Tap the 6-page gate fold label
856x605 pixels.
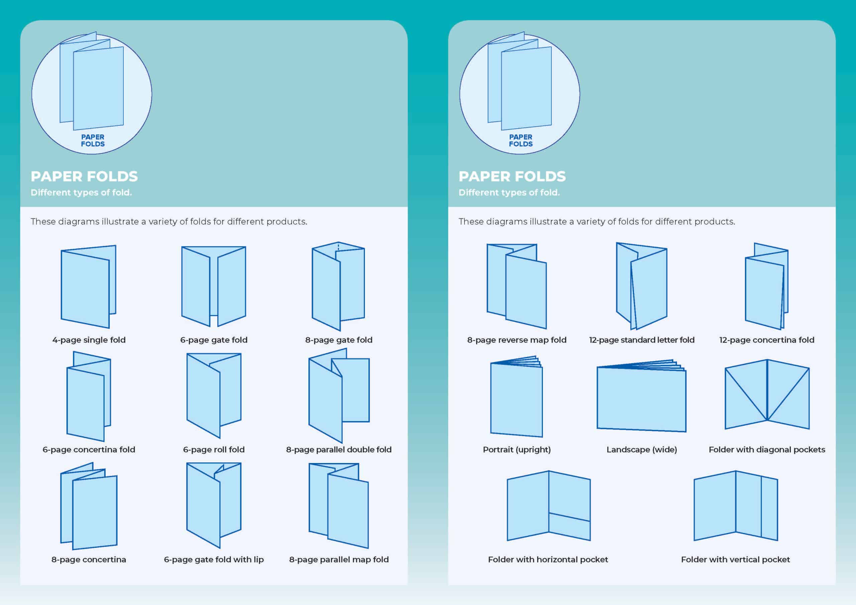pos(214,340)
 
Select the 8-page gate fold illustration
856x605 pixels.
pos(338,286)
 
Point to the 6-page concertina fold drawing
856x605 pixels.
pos(88,397)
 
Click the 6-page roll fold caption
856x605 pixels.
pos(214,450)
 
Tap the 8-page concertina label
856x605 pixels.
pos(89,560)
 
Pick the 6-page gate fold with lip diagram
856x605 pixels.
pos(213,505)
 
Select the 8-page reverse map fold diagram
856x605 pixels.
pos(517,286)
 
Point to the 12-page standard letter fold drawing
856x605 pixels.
pos(641,286)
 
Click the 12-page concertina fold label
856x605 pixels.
pos(766,340)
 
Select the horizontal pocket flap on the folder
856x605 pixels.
pos(569,526)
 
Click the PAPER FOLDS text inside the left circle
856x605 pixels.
pos(93,140)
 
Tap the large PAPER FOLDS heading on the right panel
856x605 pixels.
pos(512,176)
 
